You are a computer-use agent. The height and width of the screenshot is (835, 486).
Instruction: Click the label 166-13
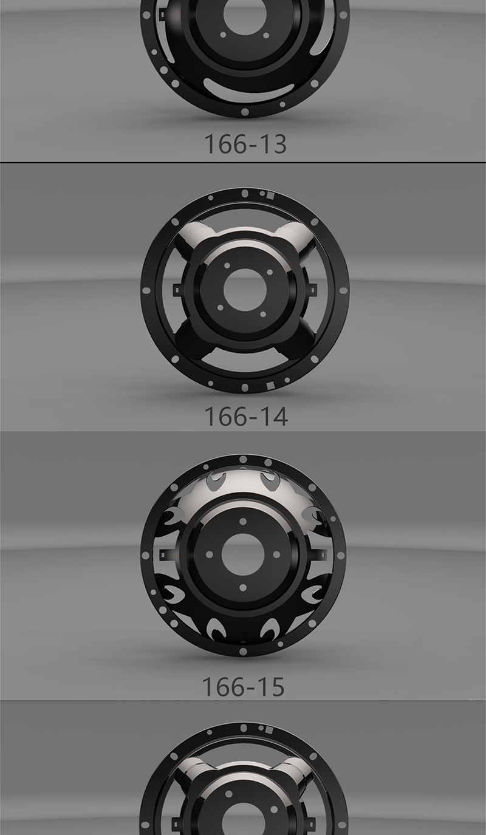[245, 145]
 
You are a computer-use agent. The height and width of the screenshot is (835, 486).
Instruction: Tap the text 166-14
[246, 417]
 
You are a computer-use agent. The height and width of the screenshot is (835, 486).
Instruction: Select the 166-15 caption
[243, 687]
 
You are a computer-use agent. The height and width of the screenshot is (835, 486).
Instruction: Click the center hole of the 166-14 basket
[245, 289]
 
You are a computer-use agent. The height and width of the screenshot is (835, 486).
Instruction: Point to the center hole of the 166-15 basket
[243, 554]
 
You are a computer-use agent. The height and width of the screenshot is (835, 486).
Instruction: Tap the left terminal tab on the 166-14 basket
[178, 290]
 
